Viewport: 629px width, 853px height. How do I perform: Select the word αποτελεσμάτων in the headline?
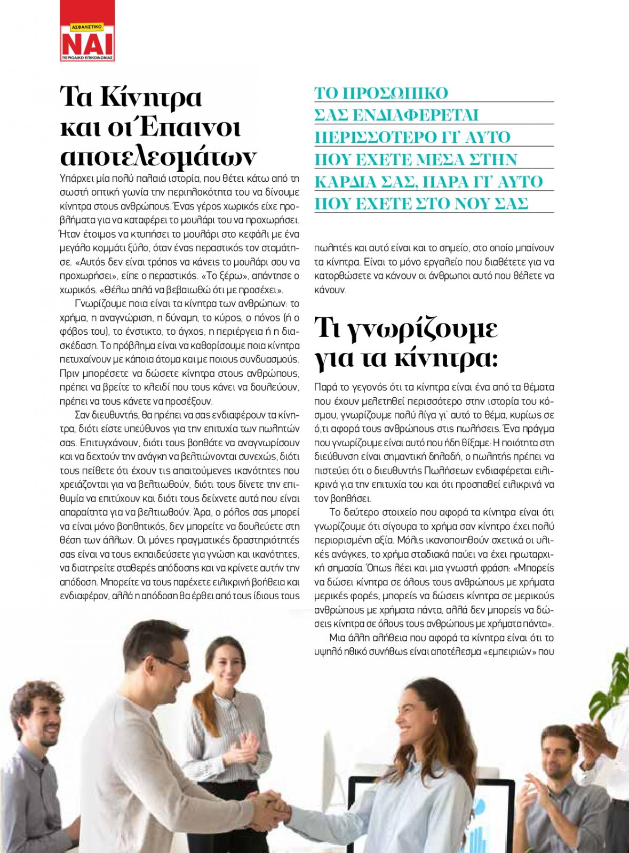tap(158, 157)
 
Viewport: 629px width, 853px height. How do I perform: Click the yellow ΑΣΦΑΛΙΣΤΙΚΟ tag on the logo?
tap(86, 27)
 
